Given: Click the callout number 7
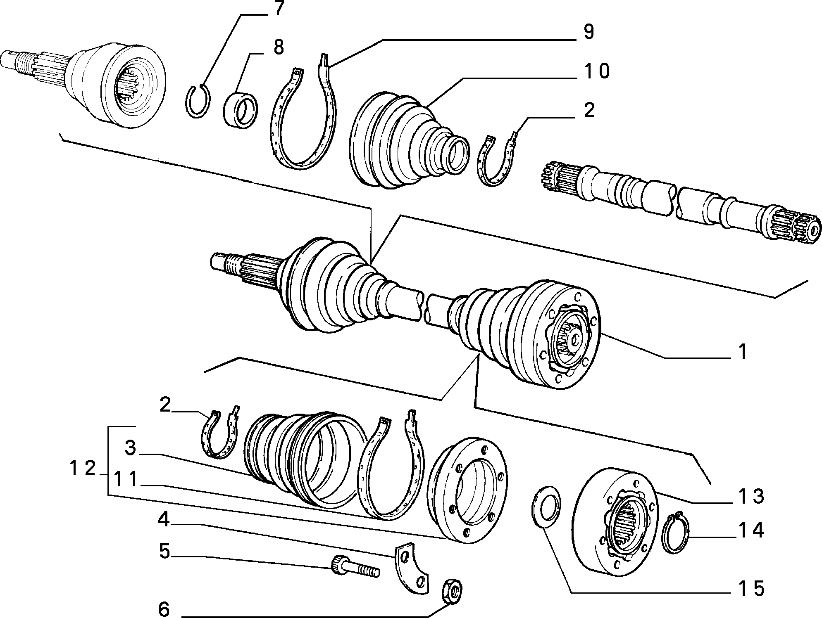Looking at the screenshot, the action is (x=278, y=9).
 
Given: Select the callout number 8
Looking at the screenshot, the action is (x=279, y=47).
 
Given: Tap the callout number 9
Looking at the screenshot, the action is (x=588, y=31).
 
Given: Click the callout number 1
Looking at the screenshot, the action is (x=743, y=352).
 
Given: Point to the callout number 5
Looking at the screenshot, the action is (x=164, y=552).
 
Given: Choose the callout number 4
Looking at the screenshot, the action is (x=164, y=519).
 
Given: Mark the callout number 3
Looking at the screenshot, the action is (x=131, y=448).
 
